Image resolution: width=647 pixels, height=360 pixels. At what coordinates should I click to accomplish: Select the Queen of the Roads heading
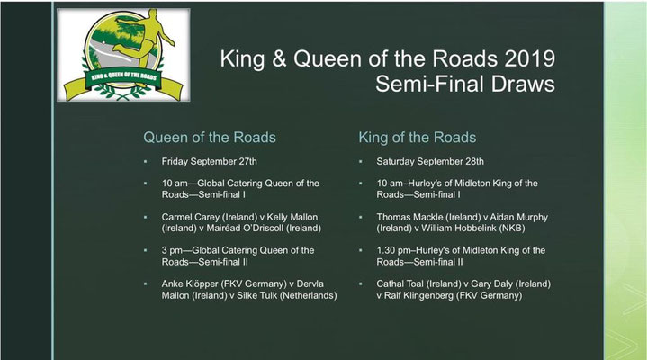click(x=210, y=138)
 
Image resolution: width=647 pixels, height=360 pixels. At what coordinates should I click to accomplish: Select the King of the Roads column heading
click(x=418, y=138)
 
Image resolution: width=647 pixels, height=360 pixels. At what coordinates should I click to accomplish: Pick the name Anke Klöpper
click(x=189, y=284)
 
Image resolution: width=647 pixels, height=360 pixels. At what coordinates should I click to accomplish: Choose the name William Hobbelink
click(x=459, y=229)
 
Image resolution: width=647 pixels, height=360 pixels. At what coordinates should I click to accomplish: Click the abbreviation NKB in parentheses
click(x=512, y=229)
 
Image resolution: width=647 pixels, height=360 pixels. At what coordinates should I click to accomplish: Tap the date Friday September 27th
click(x=209, y=161)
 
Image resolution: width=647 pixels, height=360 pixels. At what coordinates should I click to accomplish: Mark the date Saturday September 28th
click(x=430, y=161)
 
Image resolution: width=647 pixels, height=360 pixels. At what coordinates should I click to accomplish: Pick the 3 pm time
click(x=172, y=250)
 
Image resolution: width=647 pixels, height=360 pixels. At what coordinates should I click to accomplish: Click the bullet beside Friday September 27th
click(x=145, y=161)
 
